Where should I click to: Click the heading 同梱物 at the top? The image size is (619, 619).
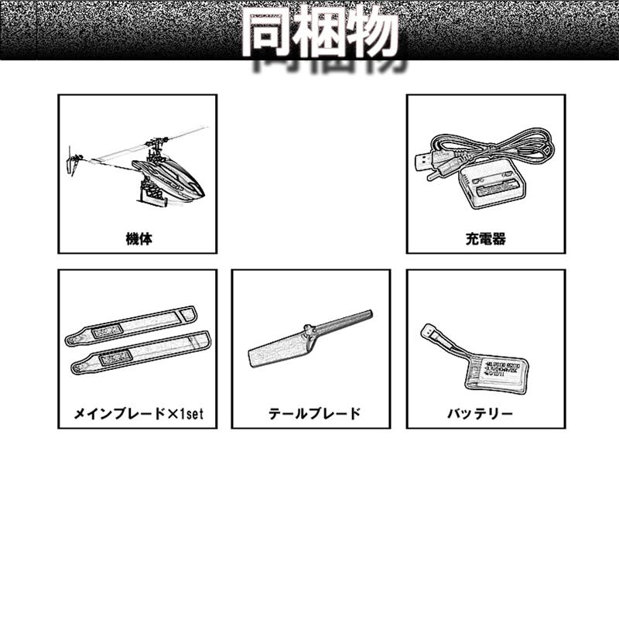coord(319,32)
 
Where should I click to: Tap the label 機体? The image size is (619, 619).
coord(139,239)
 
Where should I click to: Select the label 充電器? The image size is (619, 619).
coord(486,239)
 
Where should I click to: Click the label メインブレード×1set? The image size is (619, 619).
coord(138,414)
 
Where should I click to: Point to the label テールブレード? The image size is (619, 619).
coord(311,414)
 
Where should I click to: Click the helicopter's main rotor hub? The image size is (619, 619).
coord(156,144)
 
